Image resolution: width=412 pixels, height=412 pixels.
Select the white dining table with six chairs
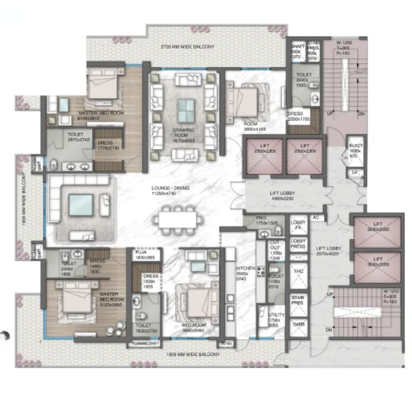pyautogui.click(x=178, y=220)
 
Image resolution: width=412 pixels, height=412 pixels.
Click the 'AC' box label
pyautogui.click(x=316, y=218)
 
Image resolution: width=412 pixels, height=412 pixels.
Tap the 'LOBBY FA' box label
pyautogui.click(x=298, y=225)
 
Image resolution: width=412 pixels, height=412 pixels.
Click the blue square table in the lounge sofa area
pyautogui.click(x=81, y=205)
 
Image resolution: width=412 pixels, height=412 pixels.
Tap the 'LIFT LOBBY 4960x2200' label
pyautogui.click(x=283, y=196)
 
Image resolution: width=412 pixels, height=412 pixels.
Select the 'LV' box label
pyautogui.click(x=355, y=172)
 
